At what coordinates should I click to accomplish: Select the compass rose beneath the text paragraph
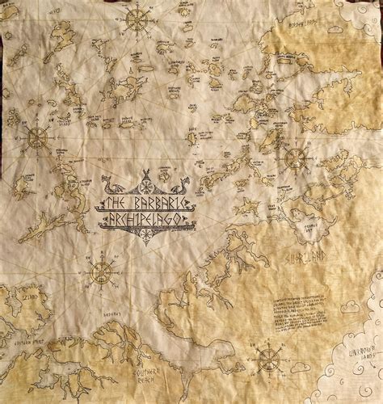(x=269, y=360)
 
